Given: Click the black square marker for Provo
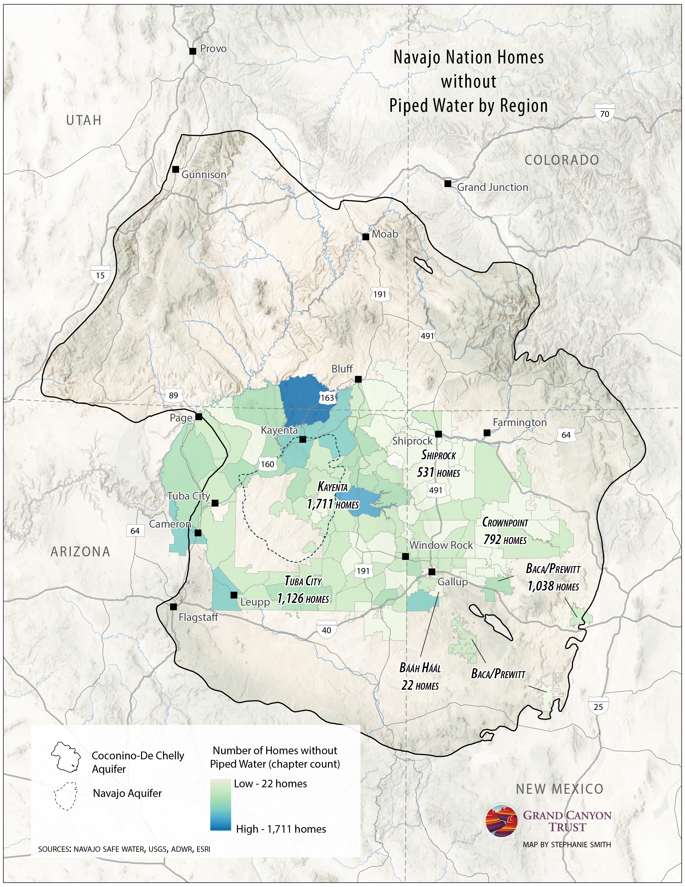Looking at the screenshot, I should tap(193, 51).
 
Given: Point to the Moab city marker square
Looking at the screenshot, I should tap(366, 236).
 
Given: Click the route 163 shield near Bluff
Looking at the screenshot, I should tap(327, 398).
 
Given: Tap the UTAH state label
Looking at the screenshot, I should tap(84, 120).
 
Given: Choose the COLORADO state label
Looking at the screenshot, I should tap(562, 160).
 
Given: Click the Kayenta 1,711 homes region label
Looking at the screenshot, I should tap(333, 495).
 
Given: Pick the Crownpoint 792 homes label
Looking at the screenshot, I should tap(505, 531).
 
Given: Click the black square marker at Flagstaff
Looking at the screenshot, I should tap(173, 607).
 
